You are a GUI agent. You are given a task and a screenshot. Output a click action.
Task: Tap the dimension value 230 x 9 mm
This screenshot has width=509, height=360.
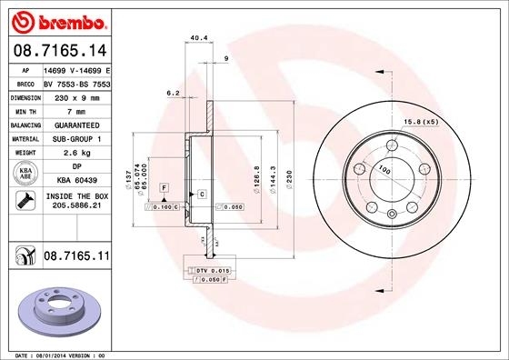pos(74,96)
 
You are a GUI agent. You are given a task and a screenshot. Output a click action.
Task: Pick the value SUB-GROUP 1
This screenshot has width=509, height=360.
pos(74,138)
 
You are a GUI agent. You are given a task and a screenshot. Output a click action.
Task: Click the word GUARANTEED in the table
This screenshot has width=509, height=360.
pos(74,125)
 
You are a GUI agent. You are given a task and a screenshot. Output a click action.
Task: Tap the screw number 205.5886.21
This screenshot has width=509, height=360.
pos(74,206)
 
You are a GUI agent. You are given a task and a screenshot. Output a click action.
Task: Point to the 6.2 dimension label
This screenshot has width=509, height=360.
pos(172,93)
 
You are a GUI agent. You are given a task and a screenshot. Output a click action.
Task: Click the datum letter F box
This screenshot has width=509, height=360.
pos(164,186)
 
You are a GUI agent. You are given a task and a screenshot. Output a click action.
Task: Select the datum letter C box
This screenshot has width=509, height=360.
pos(201,194)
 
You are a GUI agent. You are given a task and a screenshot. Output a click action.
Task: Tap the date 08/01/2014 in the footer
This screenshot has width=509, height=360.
pos(51,354)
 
